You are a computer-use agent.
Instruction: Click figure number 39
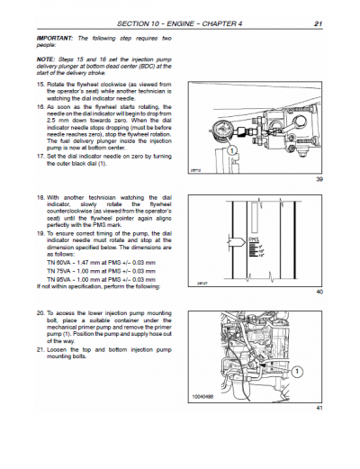coord(319,180)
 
